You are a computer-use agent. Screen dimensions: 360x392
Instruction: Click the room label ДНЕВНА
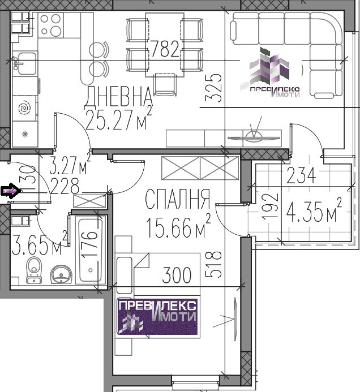pos(118,97)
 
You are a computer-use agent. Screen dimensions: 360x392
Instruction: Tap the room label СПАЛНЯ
pos(178,199)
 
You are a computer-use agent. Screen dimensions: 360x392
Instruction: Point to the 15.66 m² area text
pos(178,226)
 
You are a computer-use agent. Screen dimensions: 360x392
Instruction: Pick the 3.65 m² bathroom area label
pos(40,243)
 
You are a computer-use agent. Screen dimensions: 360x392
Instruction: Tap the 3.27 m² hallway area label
pos(70,163)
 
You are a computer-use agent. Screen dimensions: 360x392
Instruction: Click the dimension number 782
pos(165,49)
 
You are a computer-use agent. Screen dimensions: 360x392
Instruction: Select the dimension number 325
pos(213,88)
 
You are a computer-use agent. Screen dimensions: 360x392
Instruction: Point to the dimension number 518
pos(213,265)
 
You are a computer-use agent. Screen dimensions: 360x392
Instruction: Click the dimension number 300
pos(177,275)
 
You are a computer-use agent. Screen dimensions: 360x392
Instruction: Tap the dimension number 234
pos(301,175)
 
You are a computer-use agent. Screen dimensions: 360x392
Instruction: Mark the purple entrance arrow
pos(11,191)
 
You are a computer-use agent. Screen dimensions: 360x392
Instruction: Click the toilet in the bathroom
pos(34,270)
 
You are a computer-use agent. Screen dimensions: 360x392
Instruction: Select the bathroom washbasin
pos(61,274)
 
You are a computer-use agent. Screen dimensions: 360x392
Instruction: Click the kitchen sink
pos(24,63)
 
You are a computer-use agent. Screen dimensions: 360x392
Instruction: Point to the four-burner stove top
pos(51,25)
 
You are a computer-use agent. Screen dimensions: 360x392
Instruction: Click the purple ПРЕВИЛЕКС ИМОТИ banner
pos(157,317)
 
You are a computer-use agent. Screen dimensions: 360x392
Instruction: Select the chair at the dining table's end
pos(165,84)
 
